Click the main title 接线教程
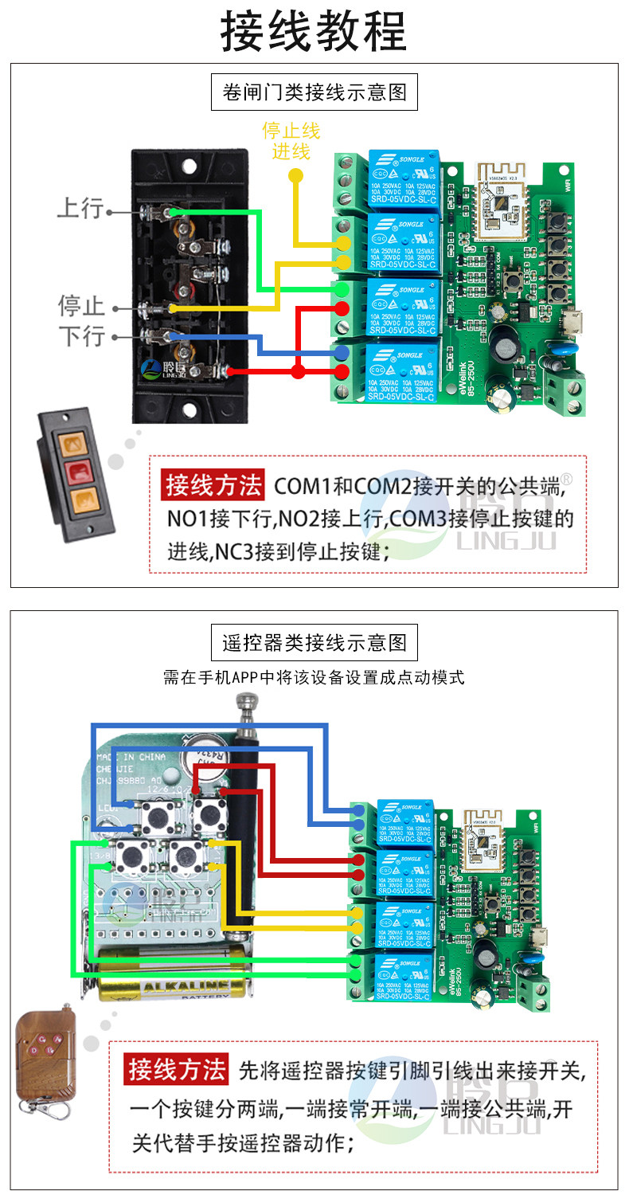point(314,33)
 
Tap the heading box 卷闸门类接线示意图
point(314,92)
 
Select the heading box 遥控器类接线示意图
point(314,642)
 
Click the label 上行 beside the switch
point(80,209)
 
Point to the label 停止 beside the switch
point(81,305)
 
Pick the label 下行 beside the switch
point(81,335)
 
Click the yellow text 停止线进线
point(291,140)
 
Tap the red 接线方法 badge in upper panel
point(213,484)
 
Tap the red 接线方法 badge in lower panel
point(178,1069)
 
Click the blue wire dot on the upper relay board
point(341,351)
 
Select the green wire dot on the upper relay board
point(341,288)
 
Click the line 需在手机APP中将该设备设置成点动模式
point(314,678)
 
